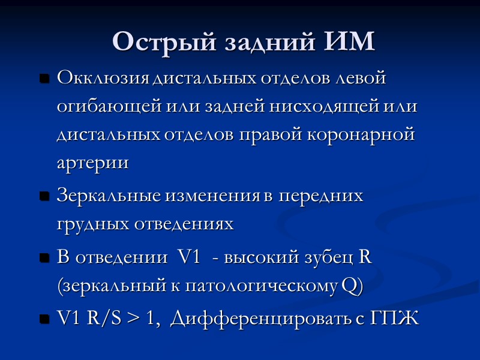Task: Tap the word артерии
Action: coord(92,163)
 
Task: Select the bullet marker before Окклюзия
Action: coord(44,79)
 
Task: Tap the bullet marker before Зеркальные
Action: coord(44,197)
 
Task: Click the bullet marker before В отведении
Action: coord(44,259)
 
